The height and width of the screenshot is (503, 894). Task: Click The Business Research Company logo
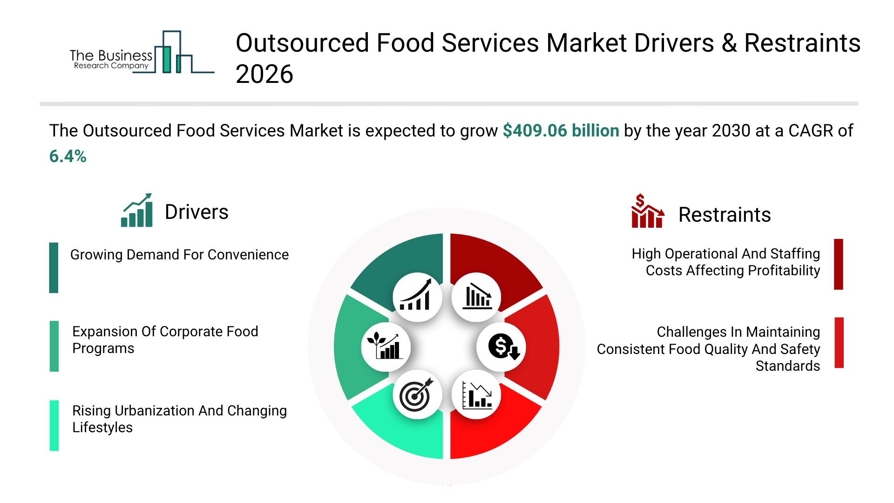(142, 52)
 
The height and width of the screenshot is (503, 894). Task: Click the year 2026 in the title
(264, 75)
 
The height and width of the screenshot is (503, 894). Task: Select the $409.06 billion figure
(561, 131)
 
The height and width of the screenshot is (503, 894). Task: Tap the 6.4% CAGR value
(68, 156)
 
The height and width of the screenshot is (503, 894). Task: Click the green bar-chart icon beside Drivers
(137, 211)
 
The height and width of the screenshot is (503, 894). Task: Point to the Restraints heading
(725, 215)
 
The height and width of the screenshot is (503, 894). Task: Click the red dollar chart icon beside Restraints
(647, 211)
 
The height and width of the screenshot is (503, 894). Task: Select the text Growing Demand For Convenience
(179, 255)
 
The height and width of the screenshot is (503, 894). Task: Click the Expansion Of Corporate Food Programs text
(165, 340)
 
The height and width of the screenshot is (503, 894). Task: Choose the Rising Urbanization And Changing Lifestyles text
(179, 419)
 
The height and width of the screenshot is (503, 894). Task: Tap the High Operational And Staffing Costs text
(726, 262)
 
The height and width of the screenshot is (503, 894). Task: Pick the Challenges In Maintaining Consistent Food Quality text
(708, 349)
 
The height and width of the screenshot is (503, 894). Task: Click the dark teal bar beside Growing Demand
(54, 268)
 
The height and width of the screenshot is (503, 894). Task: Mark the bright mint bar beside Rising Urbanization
(54, 426)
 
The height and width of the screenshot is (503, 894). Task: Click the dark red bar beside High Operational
(839, 265)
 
